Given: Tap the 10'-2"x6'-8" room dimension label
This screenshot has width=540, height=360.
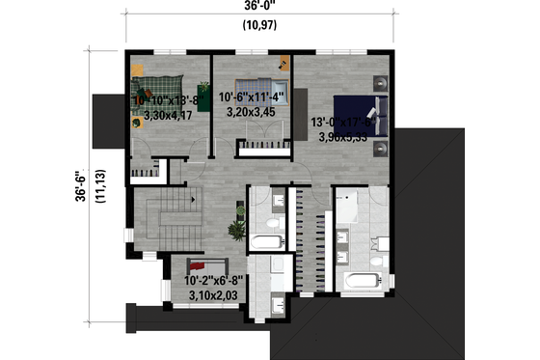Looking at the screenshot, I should [x=214, y=282].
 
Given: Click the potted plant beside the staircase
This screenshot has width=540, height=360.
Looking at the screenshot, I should [x=233, y=232].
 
